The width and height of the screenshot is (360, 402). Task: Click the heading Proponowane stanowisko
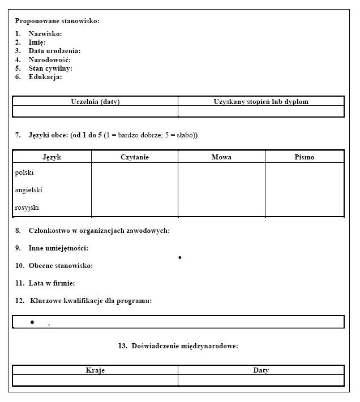[57, 21]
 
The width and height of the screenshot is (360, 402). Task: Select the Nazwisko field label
[45, 34]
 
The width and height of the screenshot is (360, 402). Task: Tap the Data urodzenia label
[54, 51]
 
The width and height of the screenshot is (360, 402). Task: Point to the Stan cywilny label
[50, 68]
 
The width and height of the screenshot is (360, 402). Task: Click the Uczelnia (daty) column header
[95, 102]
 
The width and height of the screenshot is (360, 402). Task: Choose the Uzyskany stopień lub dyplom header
[261, 102]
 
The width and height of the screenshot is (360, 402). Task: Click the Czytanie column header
[135, 157]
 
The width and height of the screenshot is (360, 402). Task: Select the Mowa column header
[221, 157]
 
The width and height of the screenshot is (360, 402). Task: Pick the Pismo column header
[304, 157]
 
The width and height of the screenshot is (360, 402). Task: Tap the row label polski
[24, 172]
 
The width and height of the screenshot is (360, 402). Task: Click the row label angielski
[28, 190]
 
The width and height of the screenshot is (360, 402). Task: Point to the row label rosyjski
[27, 208]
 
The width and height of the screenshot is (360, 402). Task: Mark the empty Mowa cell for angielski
[221, 190]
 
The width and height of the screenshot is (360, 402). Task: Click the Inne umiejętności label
[58, 248]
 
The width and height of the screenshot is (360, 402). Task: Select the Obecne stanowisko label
[61, 266]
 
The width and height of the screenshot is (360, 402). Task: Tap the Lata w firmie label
[52, 283]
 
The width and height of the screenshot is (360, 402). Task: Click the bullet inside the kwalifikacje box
[32, 322]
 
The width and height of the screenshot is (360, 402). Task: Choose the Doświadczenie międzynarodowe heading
[185, 346]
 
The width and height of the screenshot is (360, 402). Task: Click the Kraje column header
[95, 370]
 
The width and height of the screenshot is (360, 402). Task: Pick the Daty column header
[261, 370]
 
